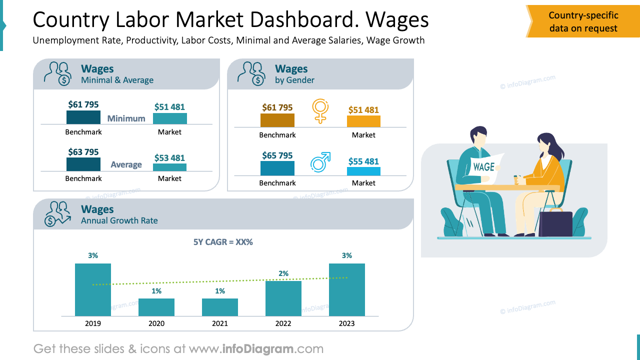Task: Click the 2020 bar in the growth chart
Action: [156, 307]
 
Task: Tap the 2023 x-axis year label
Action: [346, 323]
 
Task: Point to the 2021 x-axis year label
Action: [220, 323]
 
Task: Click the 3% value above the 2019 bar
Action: [93, 255]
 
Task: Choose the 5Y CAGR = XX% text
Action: [223, 242]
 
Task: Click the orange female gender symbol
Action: [320, 110]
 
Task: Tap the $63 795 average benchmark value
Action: [83, 152]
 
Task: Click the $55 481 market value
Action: [363, 161]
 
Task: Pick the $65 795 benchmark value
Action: [277, 155]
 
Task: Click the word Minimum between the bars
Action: [126, 118]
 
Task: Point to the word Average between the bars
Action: [126, 164]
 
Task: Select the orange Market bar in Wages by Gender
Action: [363, 121]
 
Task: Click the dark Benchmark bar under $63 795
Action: [83, 164]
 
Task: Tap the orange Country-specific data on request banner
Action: [583, 22]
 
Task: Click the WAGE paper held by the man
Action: [484, 167]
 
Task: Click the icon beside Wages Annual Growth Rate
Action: [57, 214]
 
